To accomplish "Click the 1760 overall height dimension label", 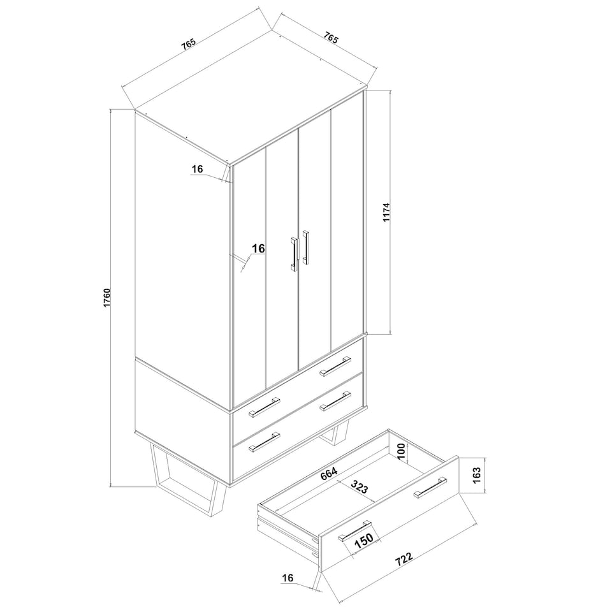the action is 107,298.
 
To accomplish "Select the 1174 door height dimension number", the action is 386,212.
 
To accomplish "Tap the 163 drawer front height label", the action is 477,476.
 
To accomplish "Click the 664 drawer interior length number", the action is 329,474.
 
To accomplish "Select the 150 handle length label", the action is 364,541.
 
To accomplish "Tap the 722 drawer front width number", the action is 404,559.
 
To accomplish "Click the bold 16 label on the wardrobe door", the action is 258,248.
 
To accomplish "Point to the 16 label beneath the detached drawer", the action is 288,578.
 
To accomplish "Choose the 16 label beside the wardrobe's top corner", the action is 198,169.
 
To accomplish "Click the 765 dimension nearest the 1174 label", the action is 330,38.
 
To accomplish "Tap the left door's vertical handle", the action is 293,254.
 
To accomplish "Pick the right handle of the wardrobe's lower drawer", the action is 335,401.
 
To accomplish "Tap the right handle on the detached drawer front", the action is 430,488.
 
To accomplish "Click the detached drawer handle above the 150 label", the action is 354,531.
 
